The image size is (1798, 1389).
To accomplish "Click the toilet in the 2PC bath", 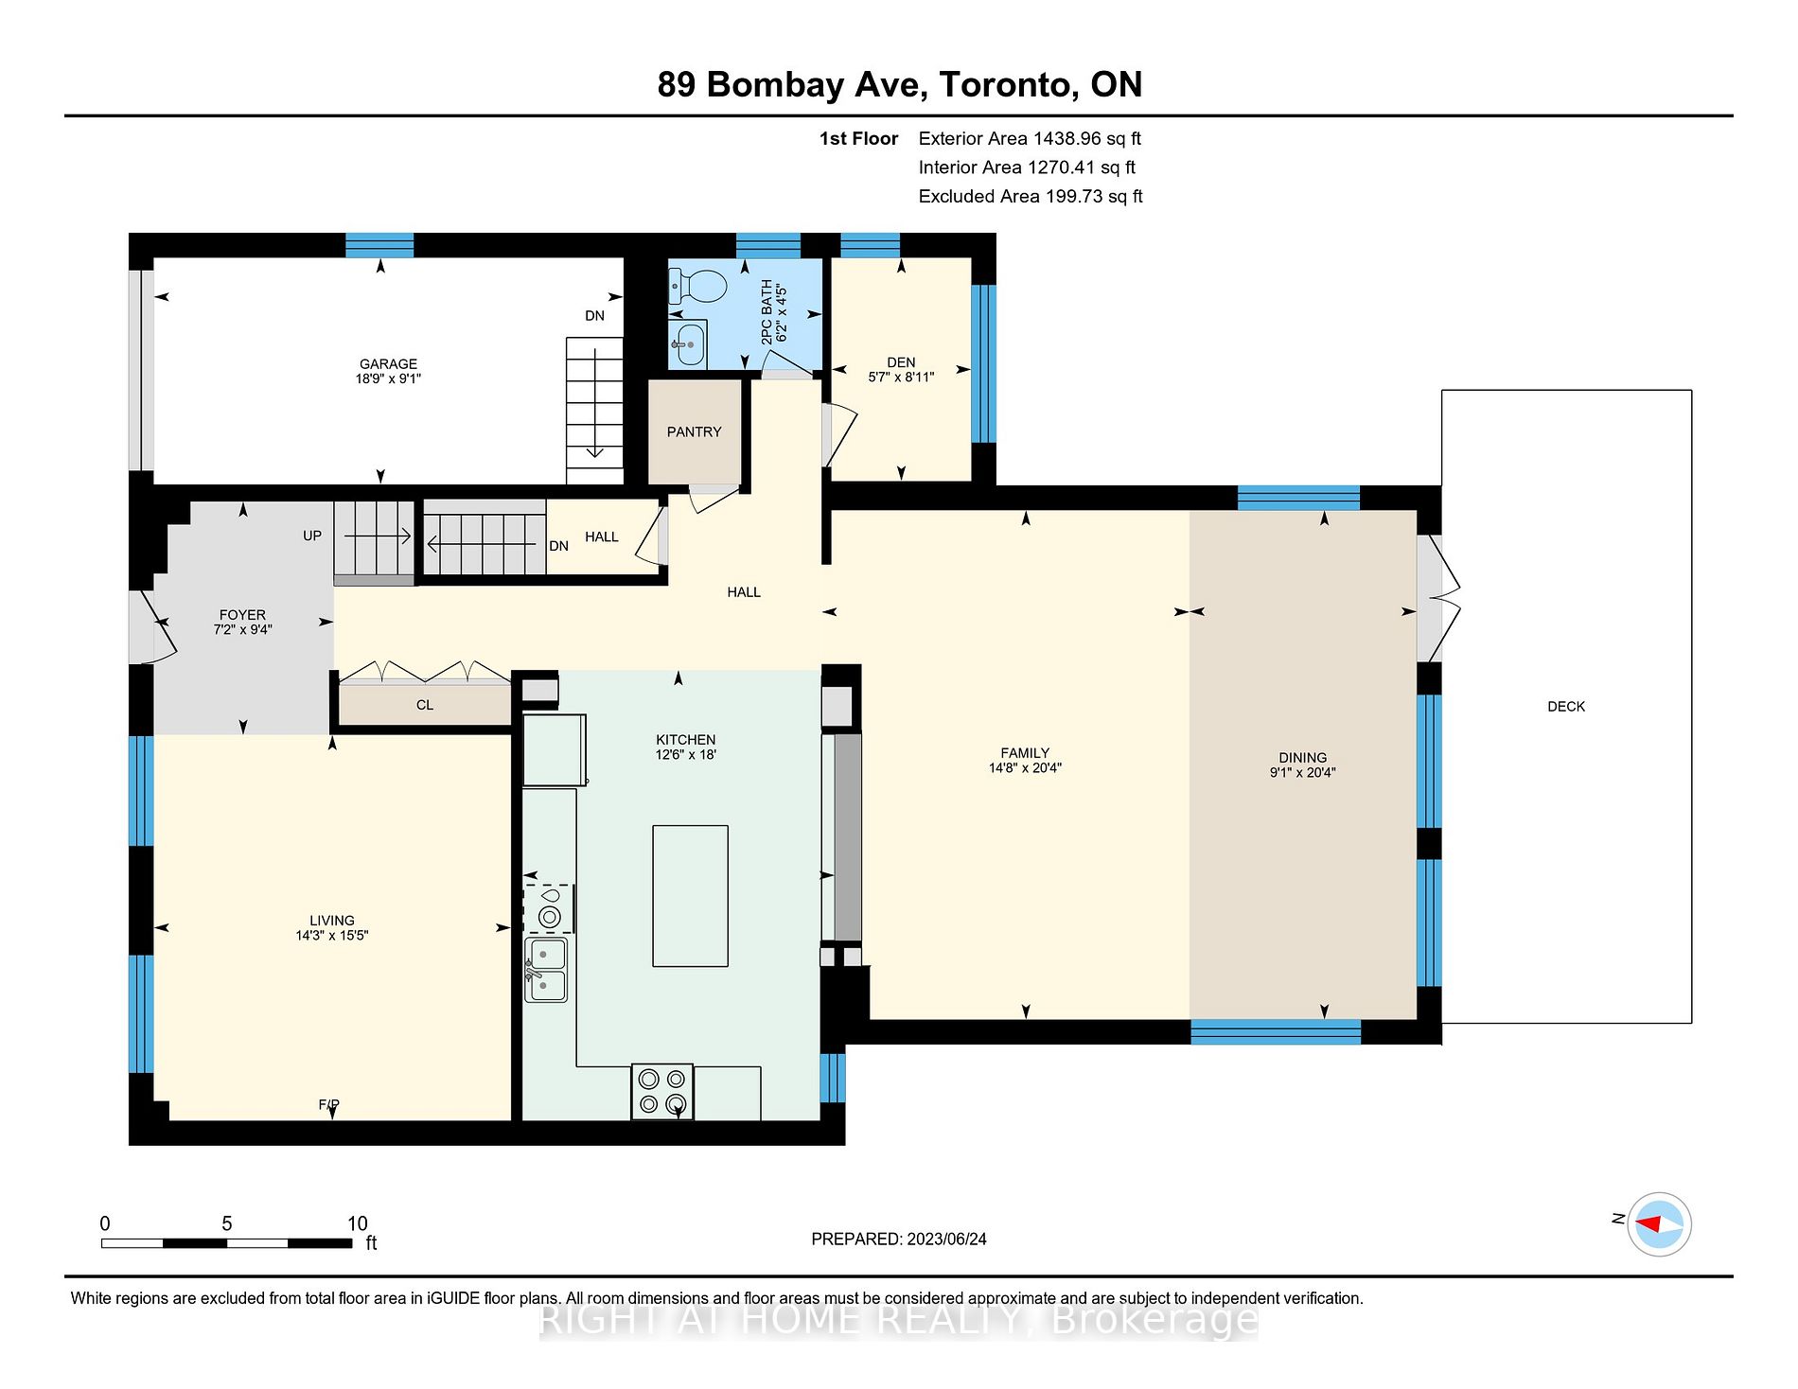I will click(698, 285).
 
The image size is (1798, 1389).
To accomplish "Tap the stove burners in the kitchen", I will click(661, 1091).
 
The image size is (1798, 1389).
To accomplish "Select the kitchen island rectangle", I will click(690, 895).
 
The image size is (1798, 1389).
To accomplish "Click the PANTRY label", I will click(694, 431).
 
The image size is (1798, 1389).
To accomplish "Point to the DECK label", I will click(1565, 706).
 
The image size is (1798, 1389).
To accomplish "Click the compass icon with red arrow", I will click(1660, 1223).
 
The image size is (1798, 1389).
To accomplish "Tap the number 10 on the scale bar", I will click(357, 1222).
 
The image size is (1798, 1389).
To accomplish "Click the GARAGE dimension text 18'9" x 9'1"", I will click(388, 378).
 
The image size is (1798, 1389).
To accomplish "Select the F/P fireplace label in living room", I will click(328, 1104).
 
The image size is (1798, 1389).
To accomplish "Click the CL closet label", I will click(424, 705).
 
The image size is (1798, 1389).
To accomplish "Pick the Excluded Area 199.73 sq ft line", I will click(1030, 196).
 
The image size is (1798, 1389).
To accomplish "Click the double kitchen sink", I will click(546, 969).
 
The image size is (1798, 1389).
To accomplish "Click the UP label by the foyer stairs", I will click(311, 536).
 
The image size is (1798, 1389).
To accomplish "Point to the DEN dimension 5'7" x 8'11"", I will click(900, 377).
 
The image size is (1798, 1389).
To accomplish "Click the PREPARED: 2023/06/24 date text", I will click(898, 1239).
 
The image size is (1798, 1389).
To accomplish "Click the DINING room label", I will click(1302, 757).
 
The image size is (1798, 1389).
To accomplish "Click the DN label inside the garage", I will click(594, 316).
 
